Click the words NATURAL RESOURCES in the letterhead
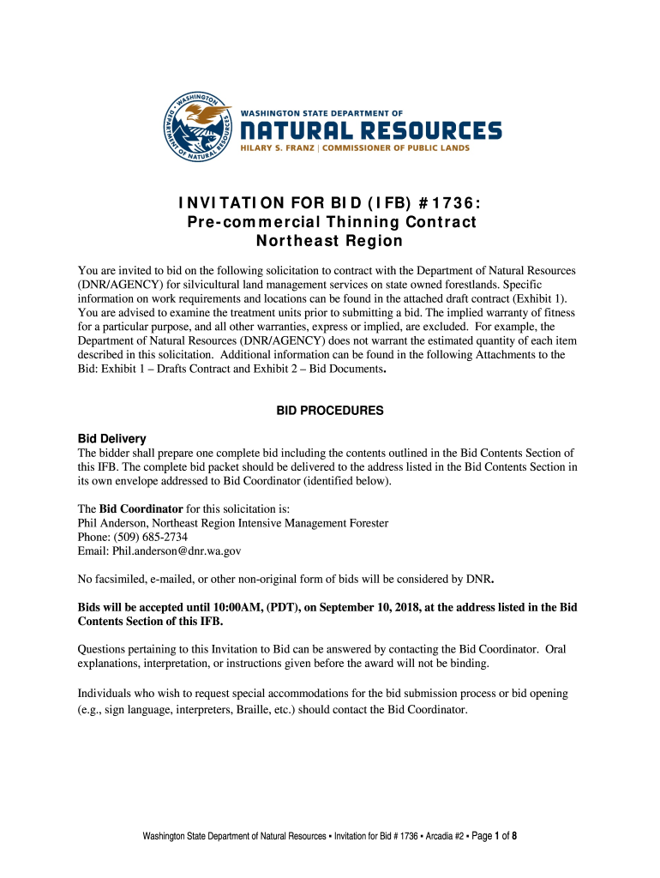tap(369, 130)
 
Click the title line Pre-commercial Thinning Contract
tap(332, 222)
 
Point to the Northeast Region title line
tap(331, 241)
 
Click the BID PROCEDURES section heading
tap(329, 412)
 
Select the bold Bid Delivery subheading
tap(112, 439)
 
